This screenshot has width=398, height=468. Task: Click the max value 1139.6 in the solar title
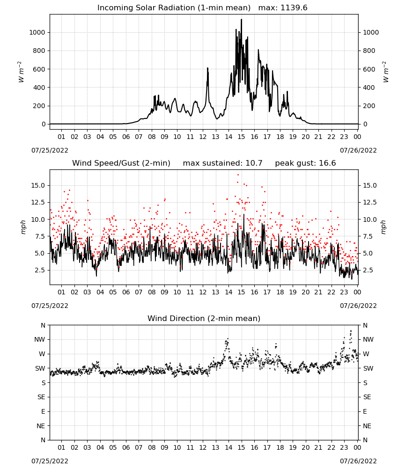click(294, 7)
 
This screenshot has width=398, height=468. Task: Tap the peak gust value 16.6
click(328, 163)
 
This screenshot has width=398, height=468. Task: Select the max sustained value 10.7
click(254, 163)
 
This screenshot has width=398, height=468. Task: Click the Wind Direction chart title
click(204, 318)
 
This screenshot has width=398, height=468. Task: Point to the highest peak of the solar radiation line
click(242, 19)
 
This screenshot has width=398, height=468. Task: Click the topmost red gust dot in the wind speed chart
click(238, 175)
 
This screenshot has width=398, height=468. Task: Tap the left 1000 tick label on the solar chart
click(37, 32)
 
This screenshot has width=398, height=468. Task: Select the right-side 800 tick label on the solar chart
click(369, 51)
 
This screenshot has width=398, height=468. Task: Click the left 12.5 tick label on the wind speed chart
click(37, 202)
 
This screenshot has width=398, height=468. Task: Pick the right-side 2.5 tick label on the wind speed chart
click(367, 270)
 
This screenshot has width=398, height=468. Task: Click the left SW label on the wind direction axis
click(40, 368)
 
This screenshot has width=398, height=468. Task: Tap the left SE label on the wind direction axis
click(41, 397)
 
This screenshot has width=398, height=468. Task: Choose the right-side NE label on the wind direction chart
click(367, 426)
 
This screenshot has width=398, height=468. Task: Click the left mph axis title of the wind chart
click(23, 227)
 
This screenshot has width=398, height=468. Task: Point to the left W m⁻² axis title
click(21, 72)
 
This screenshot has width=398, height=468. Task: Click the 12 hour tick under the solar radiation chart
click(203, 137)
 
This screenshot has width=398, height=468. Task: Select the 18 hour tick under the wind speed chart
click(280, 292)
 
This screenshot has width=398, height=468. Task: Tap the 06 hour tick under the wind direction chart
click(126, 447)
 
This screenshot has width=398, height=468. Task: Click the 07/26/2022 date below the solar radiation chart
click(358, 150)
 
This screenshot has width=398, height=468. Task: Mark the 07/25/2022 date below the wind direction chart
click(50, 461)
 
